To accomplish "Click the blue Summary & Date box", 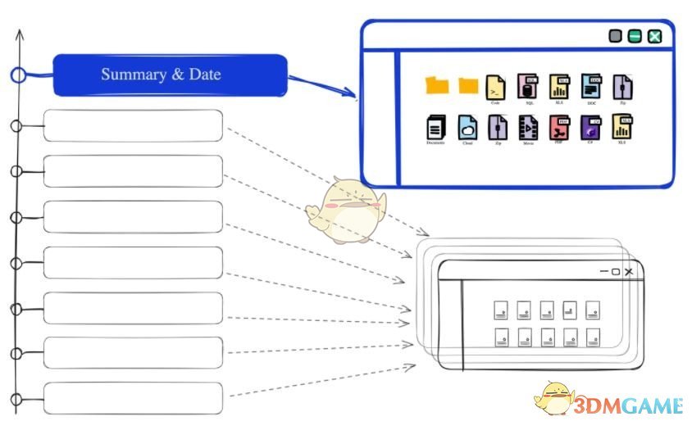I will pos(170,75).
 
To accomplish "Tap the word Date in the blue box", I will pos(205,75).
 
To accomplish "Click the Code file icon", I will pos(495,87).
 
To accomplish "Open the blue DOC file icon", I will pos(591,87).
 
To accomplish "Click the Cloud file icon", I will pos(467,127).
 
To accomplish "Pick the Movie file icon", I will pos(529,127).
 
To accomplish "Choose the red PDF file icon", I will pos(559,127).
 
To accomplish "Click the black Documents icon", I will pos(435,127).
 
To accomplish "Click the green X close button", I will pos(655,36).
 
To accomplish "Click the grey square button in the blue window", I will pos(616,36).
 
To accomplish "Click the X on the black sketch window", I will pos(629,271).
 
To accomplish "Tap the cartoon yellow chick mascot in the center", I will pos(344,210).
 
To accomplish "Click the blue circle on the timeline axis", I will pos(18,75).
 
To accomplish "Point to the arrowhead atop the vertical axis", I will pos(19,35).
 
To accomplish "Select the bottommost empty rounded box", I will pos(133,397).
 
